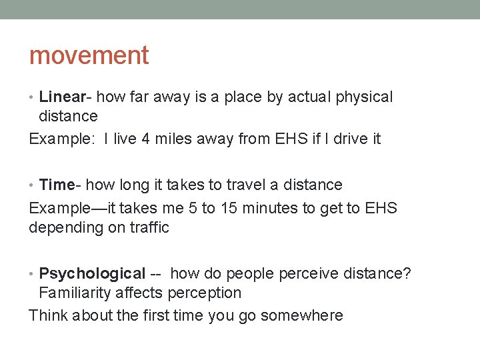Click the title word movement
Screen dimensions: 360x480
point(89,55)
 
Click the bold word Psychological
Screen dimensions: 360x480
point(92,273)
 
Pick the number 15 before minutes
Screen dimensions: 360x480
point(229,208)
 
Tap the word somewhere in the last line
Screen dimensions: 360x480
point(301,315)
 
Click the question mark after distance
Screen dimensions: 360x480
point(407,273)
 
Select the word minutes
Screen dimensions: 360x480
point(273,208)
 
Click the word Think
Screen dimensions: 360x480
point(48,315)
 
